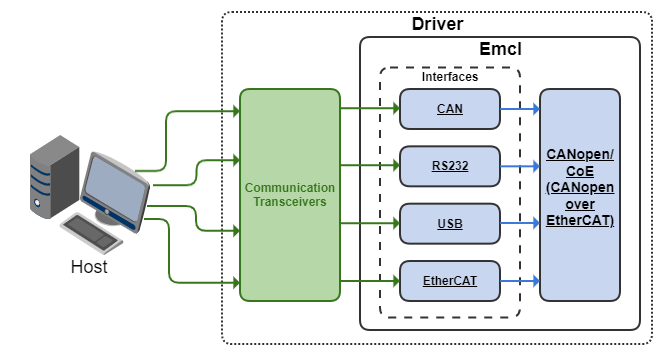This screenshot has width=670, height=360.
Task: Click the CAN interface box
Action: click(450, 109)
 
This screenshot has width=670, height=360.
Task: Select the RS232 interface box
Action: click(450, 166)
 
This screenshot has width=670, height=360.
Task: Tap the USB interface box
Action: click(450, 223)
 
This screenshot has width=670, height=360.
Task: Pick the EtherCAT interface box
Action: click(450, 281)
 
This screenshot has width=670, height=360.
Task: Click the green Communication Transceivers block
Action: click(290, 195)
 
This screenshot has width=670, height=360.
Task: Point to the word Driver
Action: click(437, 24)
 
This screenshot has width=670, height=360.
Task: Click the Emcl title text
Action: click(500, 49)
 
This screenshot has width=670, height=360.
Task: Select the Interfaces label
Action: click(450, 76)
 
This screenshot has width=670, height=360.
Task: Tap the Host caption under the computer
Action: click(89, 267)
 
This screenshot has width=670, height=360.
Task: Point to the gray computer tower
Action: click(54, 177)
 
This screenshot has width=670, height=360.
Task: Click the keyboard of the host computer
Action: click(91, 233)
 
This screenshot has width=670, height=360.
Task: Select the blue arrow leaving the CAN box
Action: click(520, 109)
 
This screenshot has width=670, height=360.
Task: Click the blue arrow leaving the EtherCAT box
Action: click(520, 281)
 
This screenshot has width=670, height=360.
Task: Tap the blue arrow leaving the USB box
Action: click(520, 223)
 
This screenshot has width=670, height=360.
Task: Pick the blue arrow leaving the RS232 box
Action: click(520, 166)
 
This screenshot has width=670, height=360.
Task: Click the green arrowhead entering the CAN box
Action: click(396, 108)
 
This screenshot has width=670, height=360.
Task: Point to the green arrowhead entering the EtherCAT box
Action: click(396, 281)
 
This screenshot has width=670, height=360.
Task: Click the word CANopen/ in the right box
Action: click(580, 154)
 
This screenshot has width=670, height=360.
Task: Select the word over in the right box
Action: click(580, 204)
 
